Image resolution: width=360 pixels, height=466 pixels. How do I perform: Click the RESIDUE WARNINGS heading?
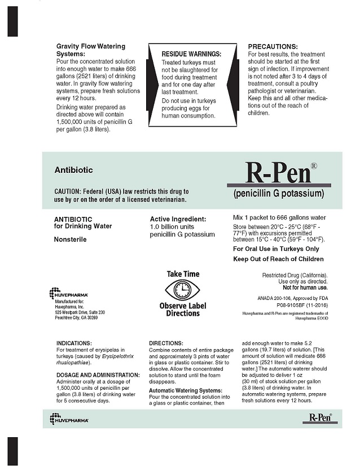coord(191,54)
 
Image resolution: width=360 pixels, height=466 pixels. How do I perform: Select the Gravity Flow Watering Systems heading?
coord(90,50)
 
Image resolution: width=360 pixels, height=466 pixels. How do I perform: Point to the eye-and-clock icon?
coord(182,290)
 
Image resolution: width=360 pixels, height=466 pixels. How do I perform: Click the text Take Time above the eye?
coord(183,274)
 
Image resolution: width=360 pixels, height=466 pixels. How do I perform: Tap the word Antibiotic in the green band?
coord(73,169)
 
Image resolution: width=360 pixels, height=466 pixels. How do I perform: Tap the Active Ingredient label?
coord(178,219)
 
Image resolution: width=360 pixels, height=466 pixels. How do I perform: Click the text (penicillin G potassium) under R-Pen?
coord(279,194)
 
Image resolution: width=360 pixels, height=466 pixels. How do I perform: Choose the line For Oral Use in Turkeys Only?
coord(276,249)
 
